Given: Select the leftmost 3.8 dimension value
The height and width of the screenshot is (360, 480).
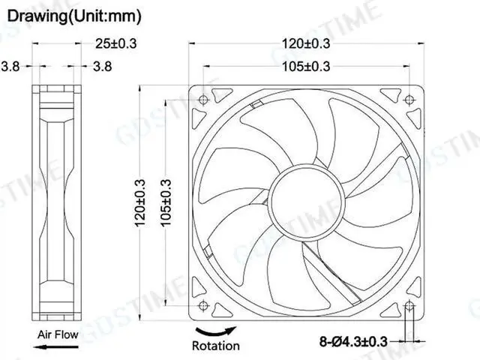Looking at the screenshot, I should click(x=10, y=67).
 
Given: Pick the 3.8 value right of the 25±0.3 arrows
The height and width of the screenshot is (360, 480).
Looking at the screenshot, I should click(x=102, y=67).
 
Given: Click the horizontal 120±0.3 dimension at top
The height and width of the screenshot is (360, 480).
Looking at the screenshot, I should click(x=307, y=43).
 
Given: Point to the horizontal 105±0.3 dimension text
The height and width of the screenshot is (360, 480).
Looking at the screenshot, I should click(x=307, y=67).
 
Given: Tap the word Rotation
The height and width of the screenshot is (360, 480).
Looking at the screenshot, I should click(x=216, y=346).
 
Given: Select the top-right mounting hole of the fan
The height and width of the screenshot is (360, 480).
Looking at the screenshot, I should click(x=409, y=100).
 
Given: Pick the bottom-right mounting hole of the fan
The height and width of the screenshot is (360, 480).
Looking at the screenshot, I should click(x=409, y=305).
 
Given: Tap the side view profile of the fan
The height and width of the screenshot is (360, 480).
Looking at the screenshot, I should click(x=57, y=202).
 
